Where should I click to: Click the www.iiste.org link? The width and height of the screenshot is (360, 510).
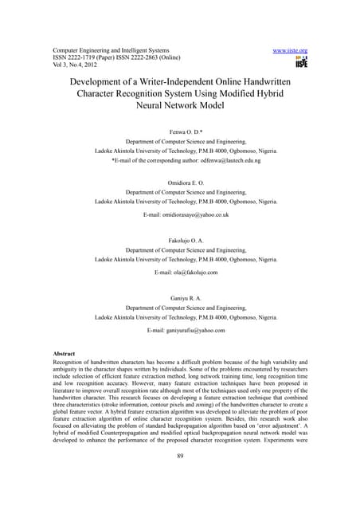click(290, 50)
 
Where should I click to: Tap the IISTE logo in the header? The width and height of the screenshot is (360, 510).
click(301, 62)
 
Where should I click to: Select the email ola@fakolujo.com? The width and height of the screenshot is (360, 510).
click(196, 273)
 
